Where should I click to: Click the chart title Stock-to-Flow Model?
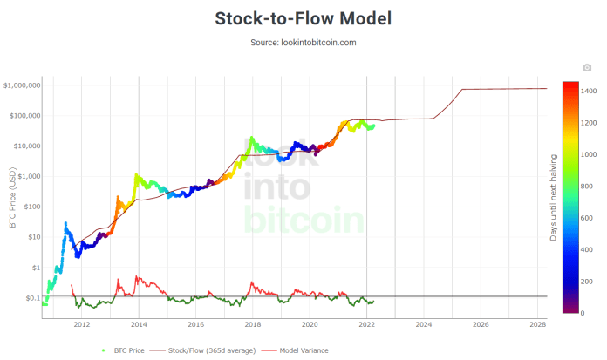click(303, 18)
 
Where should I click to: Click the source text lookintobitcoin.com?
click(303, 42)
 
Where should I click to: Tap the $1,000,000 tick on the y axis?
click(22, 85)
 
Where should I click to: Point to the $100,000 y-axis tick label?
click(24, 115)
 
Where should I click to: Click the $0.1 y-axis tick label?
click(32, 298)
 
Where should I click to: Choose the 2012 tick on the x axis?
click(82, 324)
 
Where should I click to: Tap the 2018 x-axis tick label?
click(252, 324)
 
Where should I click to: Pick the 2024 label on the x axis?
click(423, 324)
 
